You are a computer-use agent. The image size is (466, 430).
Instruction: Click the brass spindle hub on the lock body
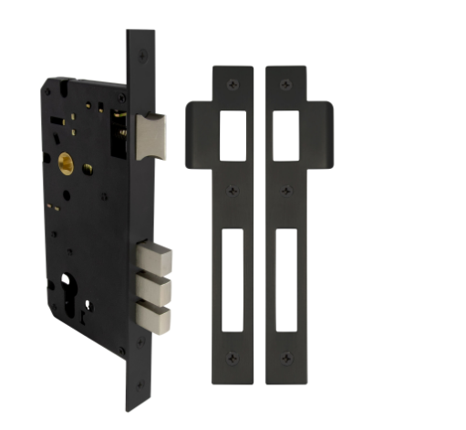pyautogui.click(x=66, y=164)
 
